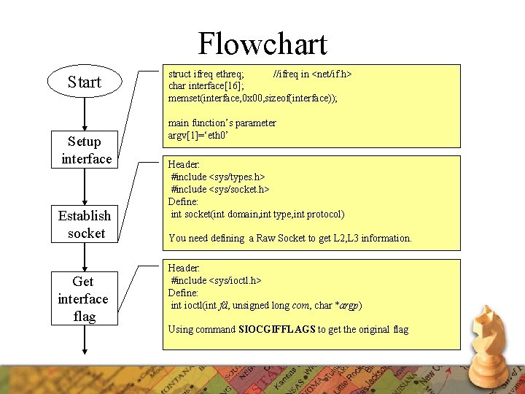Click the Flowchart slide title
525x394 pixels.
[262, 44]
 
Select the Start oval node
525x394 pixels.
[85, 82]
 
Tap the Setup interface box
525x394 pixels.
[86, 150]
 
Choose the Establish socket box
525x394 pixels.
[85, 224]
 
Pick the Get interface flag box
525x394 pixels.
[83, 298]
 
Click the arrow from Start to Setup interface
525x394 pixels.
[85, 115]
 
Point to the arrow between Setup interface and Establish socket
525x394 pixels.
[85, 187]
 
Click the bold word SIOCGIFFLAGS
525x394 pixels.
[276, 329]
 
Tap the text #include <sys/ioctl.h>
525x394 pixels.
[216, 280]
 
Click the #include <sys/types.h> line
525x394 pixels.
[217, 177]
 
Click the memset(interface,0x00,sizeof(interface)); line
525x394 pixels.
[253, 97]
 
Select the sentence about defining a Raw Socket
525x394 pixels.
[289, 238]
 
